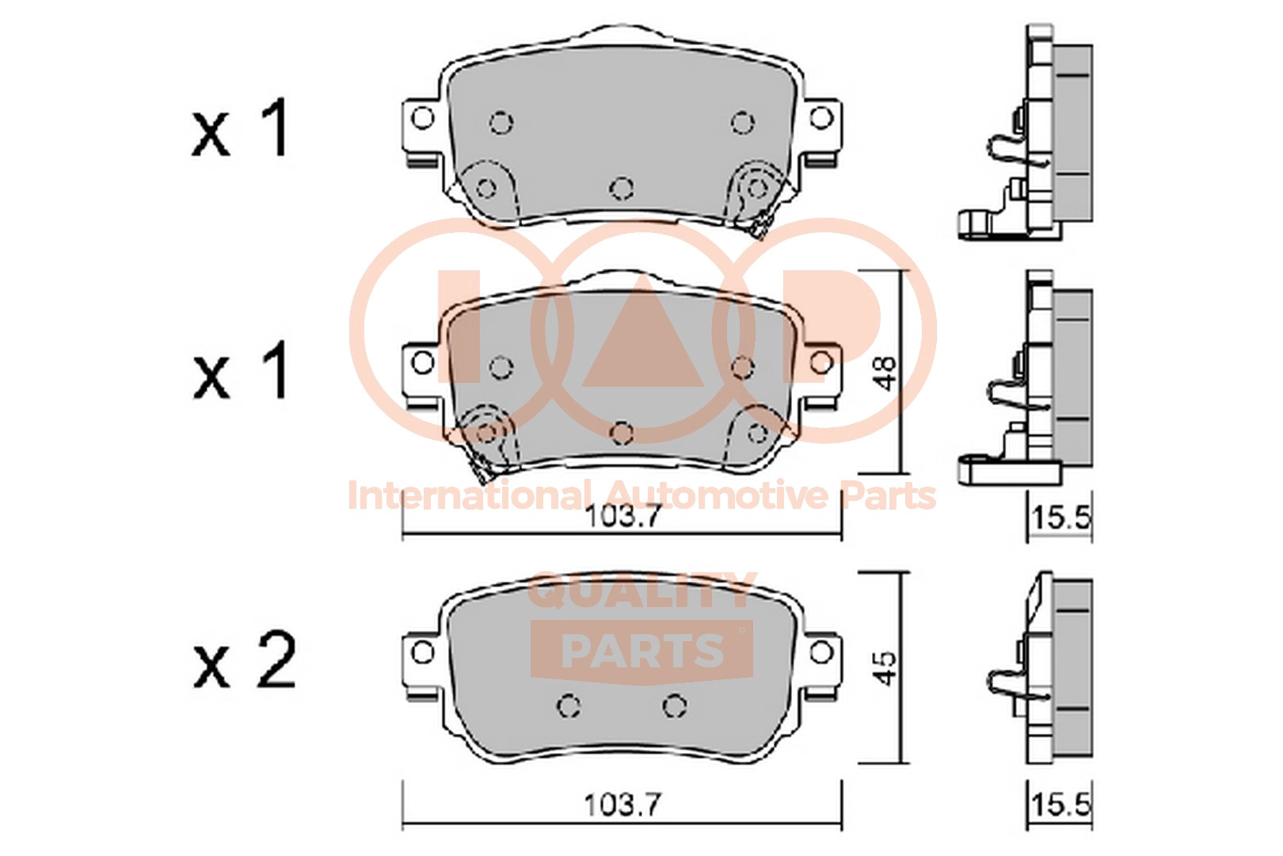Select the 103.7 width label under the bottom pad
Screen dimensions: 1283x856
coord(623,805)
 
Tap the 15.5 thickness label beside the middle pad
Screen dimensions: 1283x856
coord(1061,518)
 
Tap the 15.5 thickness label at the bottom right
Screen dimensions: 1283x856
coord(1061,804)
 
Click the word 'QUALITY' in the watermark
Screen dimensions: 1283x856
coord(641,590)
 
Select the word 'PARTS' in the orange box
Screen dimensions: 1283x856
coord(642,650)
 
